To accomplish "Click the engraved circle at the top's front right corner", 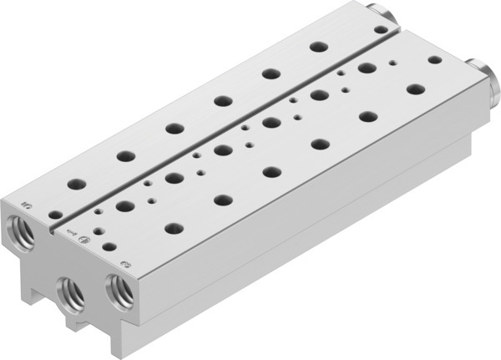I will point(124,265).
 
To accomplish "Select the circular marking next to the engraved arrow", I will point(83,242).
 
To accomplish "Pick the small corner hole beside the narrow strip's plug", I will point(382,28).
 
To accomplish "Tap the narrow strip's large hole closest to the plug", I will point(316,46).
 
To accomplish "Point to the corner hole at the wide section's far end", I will point(434,59).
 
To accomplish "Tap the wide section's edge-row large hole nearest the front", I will point(174,228).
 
